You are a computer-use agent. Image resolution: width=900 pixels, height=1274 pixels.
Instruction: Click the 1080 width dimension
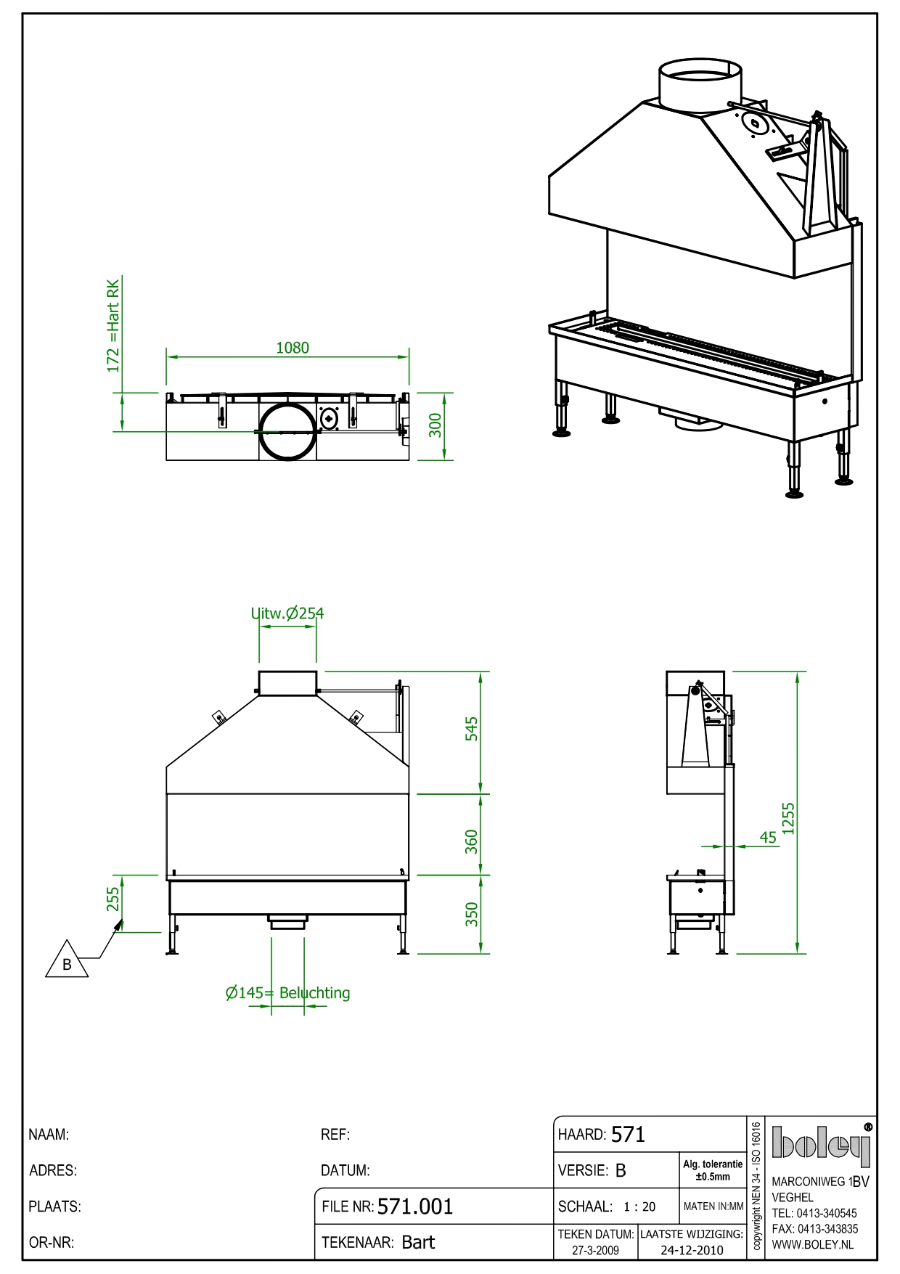pyautogui.click(x=292, y=348)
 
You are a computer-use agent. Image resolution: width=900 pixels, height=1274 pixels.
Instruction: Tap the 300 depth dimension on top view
pyautogui.click(x=435, y=425)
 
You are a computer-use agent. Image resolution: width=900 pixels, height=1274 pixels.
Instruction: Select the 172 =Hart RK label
pyautogui.click(x=113, y=326)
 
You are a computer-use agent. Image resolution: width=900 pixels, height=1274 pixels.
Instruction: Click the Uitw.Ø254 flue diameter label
pyautogui.click(x=287, y=613)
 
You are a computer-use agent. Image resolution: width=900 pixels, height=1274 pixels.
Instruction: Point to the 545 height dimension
pyautogui.click(x=472, y=729)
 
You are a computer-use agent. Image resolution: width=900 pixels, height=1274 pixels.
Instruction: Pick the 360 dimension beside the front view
pyautogui.click(x=472, y=841)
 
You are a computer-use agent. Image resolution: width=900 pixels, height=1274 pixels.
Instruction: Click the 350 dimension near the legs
pyautogui.click(x=472, y=914)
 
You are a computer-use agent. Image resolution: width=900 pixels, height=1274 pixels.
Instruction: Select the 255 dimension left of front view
pyautogui.click(x=113, y=899)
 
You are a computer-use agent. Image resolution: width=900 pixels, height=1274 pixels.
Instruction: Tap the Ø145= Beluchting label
pyautogui.click(x=288, y=993)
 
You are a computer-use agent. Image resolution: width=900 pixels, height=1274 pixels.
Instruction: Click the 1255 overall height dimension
pyautogui.click(x=789, y=818)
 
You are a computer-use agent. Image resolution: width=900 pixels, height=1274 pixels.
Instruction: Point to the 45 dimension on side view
pyautogui.click(x=768, y=837)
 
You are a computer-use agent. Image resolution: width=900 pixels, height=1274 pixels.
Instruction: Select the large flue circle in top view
pyautogui.click(x=287, y=432)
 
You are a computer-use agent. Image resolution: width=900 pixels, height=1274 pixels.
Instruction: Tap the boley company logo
pyautogui.click(x=820, y=1143)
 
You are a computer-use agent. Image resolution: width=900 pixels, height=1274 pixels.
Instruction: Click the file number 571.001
pyautogui.click(x=415, y=1206)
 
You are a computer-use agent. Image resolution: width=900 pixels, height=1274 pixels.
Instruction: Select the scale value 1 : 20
pyautogui.click(x=639, y=1206)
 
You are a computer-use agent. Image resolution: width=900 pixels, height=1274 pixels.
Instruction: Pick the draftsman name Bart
pyautogui.click(x=418, y=1242)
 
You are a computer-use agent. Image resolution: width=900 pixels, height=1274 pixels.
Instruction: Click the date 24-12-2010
pyautogui.click(x=692, y=1250)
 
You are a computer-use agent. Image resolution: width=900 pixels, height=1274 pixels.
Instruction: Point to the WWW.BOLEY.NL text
pyautogui.click(x=812, y=1244)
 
